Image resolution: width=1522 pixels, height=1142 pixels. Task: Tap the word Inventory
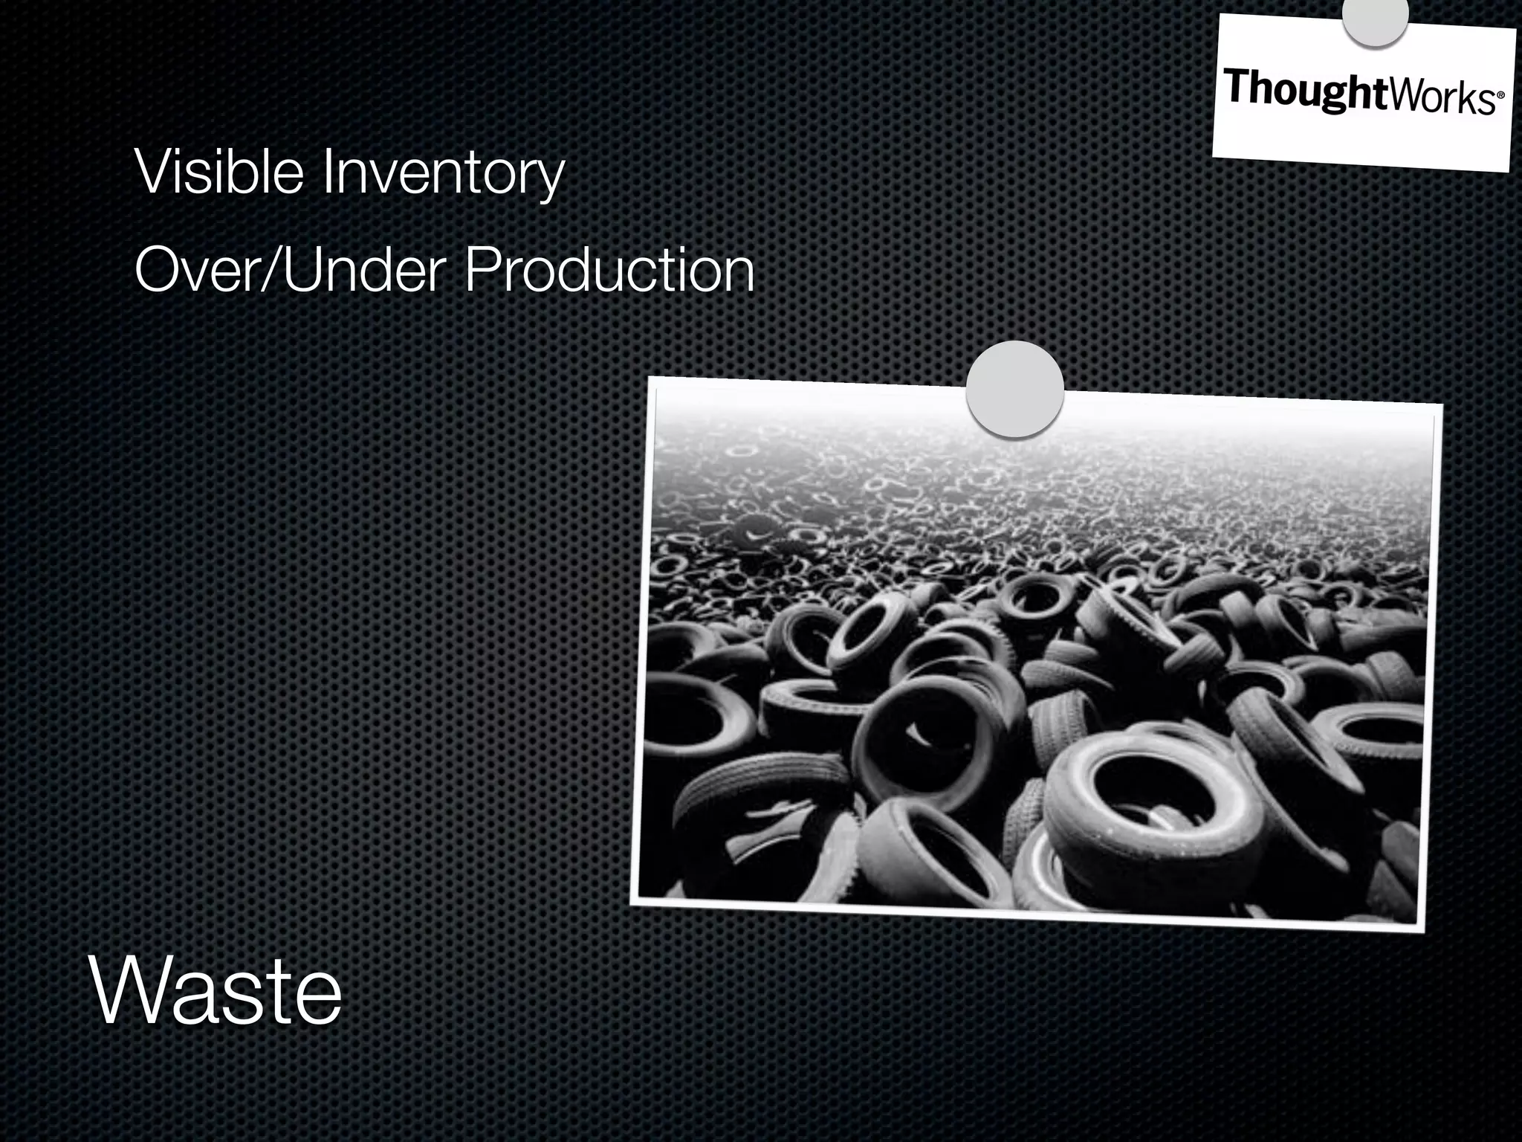[x=443, y=173]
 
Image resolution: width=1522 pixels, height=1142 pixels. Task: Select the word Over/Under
[x=290, y=270]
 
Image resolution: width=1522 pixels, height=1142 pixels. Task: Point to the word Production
[x=609, y=270]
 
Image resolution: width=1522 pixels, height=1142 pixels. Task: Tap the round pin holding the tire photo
[x=1014, y=390]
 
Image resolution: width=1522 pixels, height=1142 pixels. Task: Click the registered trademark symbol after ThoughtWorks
[x=1499, y=97]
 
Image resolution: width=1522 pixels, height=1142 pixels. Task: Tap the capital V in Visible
[x=153, y=172]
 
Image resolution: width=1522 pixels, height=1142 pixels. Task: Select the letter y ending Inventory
[x=550, y=178]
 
